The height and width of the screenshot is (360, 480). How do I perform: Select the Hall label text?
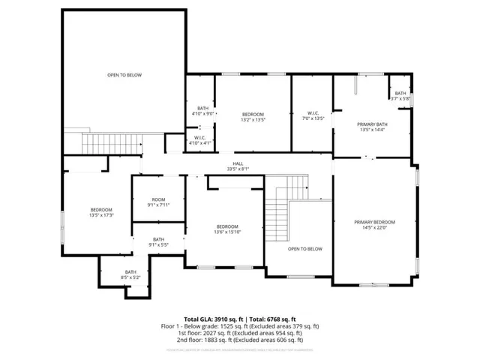(x=238, y=166)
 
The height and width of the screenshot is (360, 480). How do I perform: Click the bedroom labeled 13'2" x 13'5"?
(x=253, y=116)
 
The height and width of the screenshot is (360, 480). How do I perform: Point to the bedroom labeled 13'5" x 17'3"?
(x=101, y=212)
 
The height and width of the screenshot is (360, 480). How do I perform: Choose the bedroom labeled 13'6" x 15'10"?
(x=227, y=229)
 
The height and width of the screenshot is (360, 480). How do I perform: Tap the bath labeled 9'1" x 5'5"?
(x=157, y=241)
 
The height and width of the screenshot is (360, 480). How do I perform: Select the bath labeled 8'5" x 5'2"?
(x=130, y=274)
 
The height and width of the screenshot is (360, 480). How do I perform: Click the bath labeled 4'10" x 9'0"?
(x=202, y=110)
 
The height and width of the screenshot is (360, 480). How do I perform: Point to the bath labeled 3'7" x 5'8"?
(x=400, y=95)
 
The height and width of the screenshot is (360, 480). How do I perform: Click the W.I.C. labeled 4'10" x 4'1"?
(x=200, y=140)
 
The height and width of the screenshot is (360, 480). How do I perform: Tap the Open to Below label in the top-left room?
(x=124, y=75)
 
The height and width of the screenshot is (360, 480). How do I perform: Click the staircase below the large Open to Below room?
(x=111, y=142)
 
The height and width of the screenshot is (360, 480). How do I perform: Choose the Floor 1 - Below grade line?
(x=240, y=325)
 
